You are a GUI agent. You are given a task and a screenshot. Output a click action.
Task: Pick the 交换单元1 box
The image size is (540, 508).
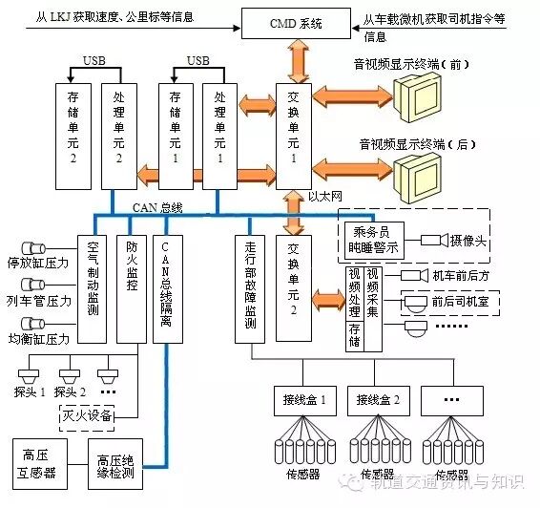click(x=292, y=134)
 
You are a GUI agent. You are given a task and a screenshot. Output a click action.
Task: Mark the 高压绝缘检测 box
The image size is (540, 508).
click(x=115, y=465)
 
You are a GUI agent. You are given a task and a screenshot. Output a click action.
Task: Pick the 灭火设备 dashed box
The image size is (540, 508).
click(x=87, y=416)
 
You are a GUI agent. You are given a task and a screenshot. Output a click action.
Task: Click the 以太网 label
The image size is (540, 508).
click(x=326, y=195)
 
